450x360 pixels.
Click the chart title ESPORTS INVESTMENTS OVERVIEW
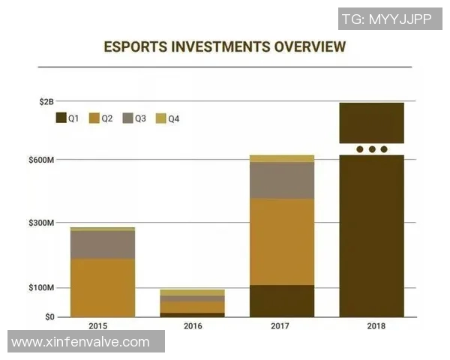(x=225, y=46)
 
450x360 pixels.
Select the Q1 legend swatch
(x=61, y=118)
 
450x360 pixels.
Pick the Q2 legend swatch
(x=94, y=118)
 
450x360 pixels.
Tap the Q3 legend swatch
(x=128, y=118)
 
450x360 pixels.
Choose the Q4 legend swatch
(x=161, y=118)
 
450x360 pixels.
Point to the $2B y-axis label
(x=46, y=101)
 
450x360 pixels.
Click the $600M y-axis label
(x=42, y=160)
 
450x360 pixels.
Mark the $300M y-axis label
(x=42, y=223)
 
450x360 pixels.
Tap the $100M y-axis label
(x=42, y=288)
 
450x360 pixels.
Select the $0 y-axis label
(x=49, y=316)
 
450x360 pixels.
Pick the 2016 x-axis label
(x=193, y=326)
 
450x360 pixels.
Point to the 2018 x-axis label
(x=372, y=326)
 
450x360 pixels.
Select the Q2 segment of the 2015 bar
(x=103, y=287)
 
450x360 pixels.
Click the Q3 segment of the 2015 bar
(x=103, y=244)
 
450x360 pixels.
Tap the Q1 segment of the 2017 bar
(x=282, y=301)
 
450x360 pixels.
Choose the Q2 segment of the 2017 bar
(x=282, y=241)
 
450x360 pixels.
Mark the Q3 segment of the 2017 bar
(x=282, y=180)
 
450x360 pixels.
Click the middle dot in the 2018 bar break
(x=372, y=149)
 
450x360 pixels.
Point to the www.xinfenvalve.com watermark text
(x=81, y=342)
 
